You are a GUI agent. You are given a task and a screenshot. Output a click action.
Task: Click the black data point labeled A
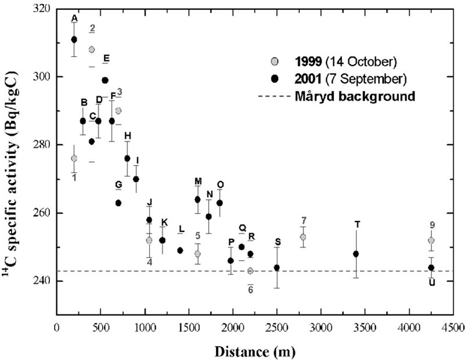coord(74,40)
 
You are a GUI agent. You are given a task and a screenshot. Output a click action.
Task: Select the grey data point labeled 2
coord(92,49)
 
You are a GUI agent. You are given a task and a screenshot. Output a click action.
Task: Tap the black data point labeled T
coord(356,254)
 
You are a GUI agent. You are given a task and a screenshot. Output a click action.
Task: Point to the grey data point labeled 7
coord(303,237)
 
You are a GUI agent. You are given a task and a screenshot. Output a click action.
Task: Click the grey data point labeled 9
coord(431,240)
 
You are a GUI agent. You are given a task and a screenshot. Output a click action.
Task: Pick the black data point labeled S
coord(277,268)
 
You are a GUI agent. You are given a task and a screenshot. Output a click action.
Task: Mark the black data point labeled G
coord(118,203)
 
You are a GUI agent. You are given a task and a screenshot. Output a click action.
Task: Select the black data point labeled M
coord(198,199)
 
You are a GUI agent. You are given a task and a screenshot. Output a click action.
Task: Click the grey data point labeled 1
coord(74,158)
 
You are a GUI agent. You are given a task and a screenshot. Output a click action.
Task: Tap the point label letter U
coord(432,282)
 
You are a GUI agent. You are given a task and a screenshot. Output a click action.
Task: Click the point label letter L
coord(181,229)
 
